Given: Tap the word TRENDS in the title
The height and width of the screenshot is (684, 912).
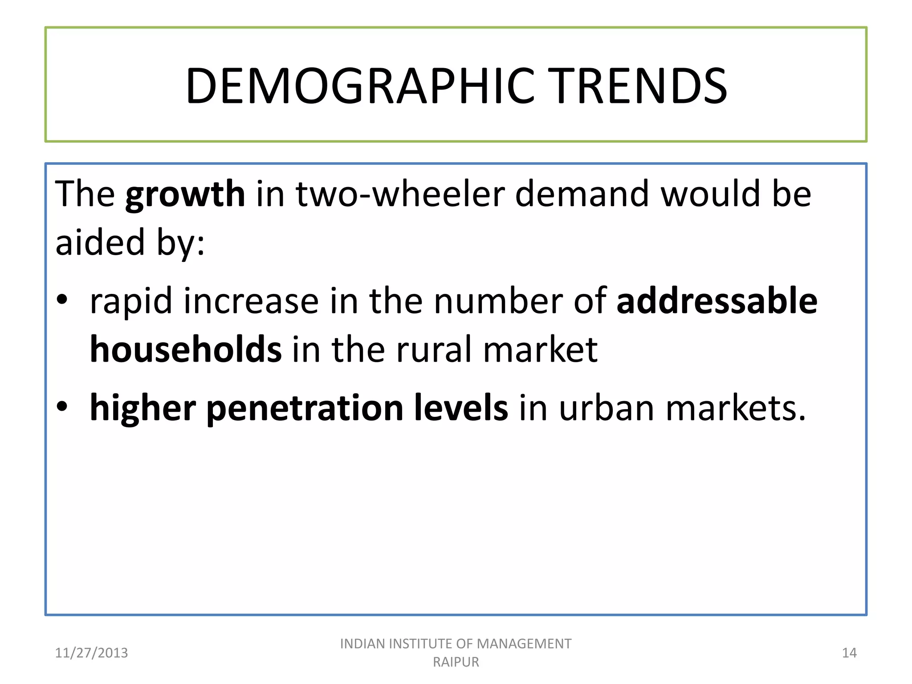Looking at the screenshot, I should click(640, 86).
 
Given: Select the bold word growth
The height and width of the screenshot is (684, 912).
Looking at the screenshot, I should click(185, 195).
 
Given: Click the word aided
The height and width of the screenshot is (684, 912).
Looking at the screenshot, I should click(100, 243).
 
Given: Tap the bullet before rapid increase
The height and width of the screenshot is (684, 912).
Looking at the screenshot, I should click(62, 299).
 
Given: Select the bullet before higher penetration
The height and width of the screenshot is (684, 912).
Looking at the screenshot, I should click(62, 406).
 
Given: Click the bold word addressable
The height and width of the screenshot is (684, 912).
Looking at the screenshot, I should click(717, 301).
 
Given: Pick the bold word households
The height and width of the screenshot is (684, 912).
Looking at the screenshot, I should click(186, 350).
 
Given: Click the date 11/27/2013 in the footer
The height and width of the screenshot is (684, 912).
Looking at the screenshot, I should click(91, 653).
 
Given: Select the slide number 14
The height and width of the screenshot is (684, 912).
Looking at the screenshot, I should click(849, 653).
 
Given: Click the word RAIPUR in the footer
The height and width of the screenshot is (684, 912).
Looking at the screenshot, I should click(456, 662).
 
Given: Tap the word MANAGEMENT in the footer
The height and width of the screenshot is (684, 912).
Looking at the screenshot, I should click(524, 644).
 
